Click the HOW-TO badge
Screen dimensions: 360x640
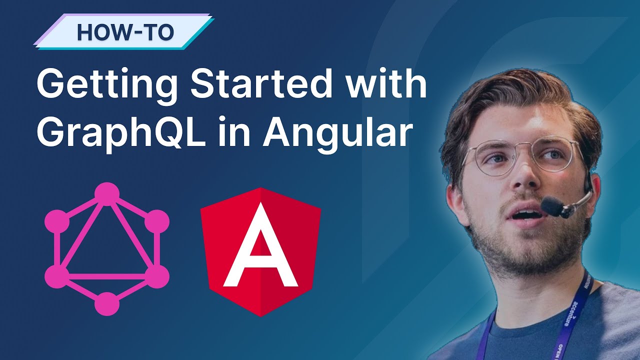click(124, 32)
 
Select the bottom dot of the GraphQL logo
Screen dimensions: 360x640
click(107, 303)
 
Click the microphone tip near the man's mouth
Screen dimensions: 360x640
click(552, 205)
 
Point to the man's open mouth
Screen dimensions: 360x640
click(525, 216)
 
